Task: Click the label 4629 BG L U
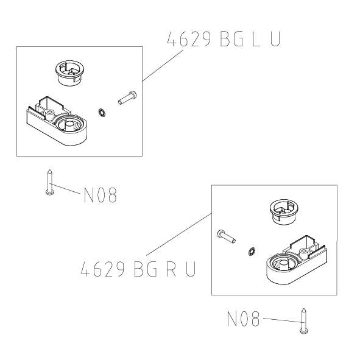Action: point(224,40)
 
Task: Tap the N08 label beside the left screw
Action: point(99,196)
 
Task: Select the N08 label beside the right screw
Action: point(243,319)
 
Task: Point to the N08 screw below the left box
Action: point(49,182)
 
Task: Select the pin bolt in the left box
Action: point(127,97)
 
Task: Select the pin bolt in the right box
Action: point(225,235)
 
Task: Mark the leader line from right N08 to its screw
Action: point(280,320)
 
